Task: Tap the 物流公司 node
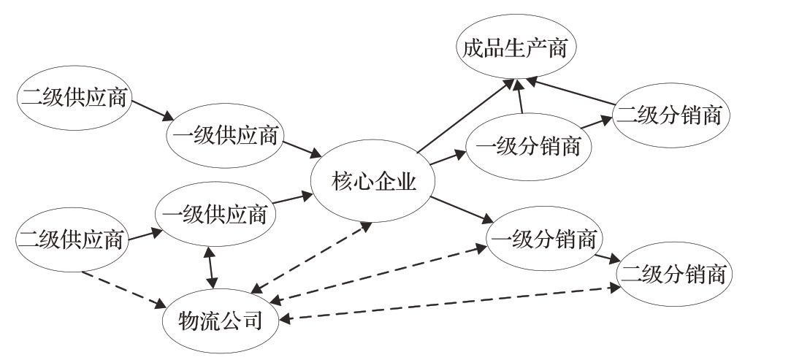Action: tap(220, 320)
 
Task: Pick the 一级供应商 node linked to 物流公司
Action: tap(216, 215)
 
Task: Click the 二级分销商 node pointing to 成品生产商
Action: tap(670, 115)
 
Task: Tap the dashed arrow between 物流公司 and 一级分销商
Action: tap(377, 275)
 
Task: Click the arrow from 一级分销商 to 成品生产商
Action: tap(520, 96)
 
